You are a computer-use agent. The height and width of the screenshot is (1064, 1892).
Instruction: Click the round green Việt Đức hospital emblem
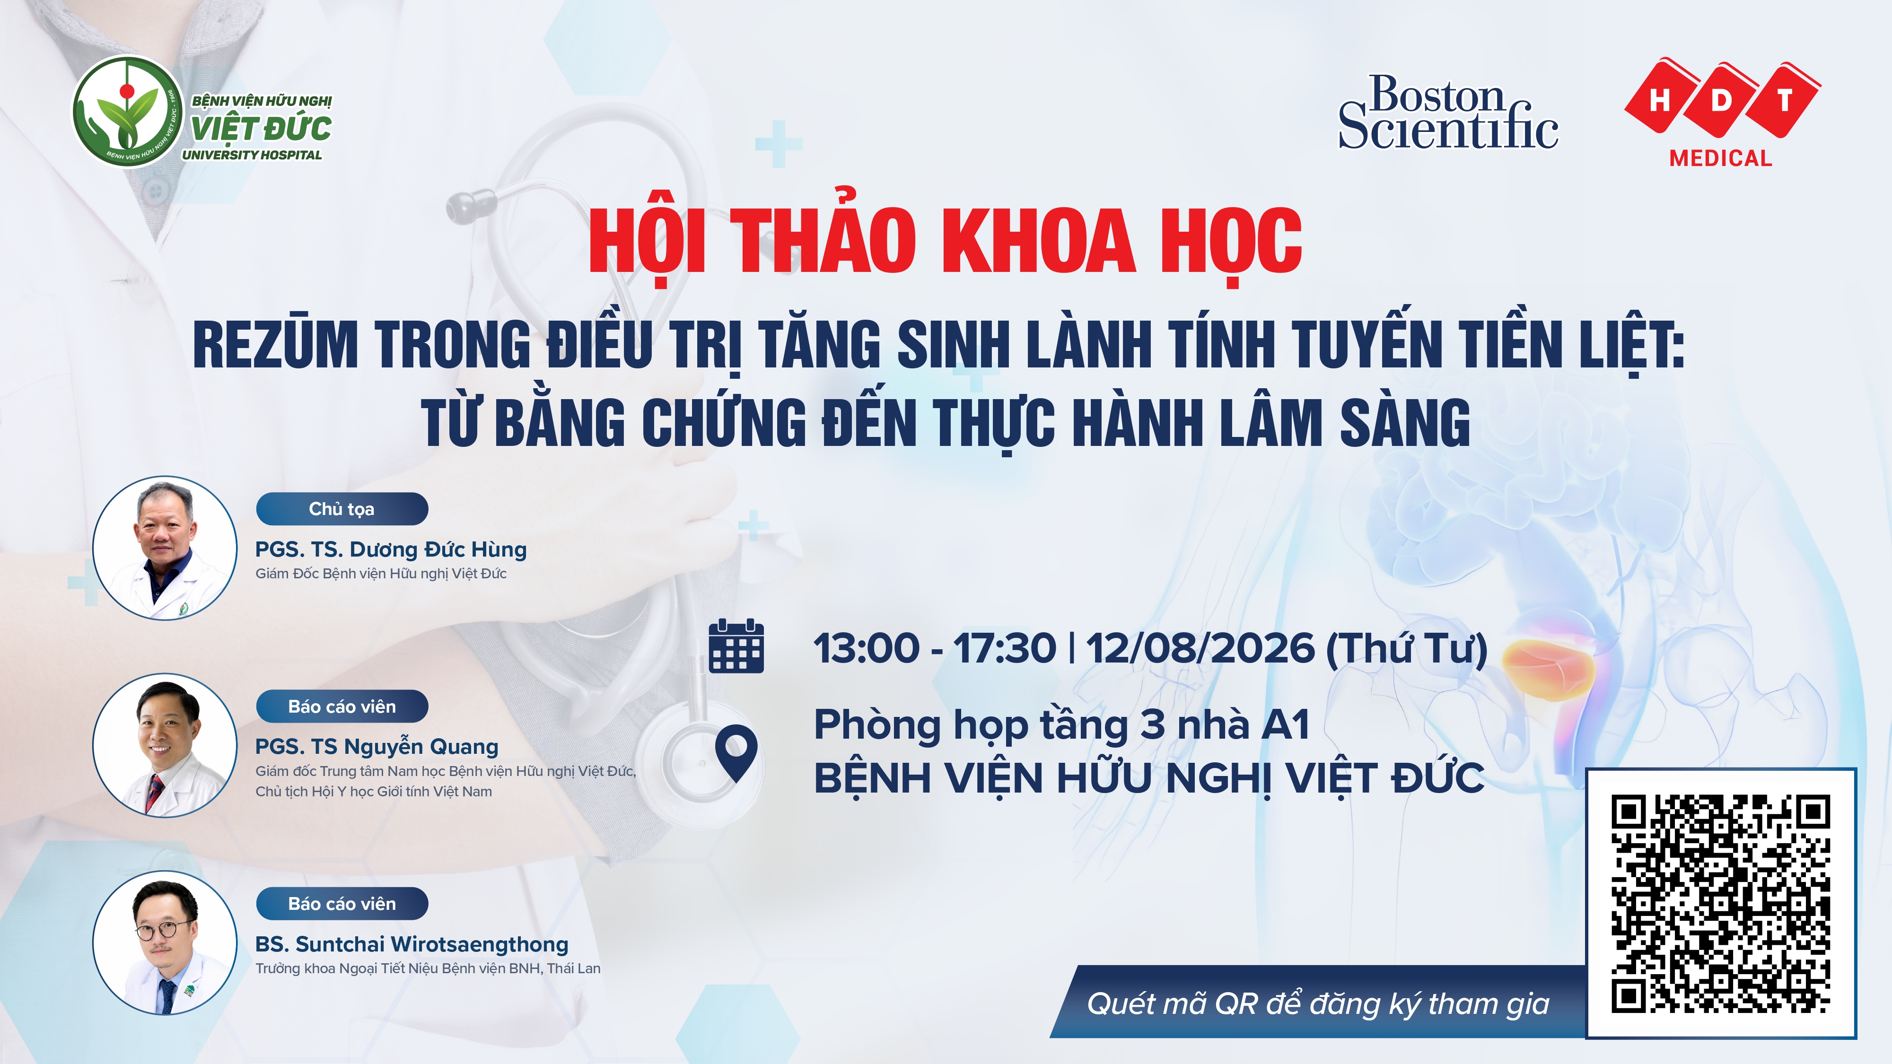point(127,112)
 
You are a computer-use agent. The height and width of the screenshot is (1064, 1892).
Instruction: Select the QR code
point(1721,903)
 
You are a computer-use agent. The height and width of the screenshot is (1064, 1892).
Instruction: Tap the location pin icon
point(736,753)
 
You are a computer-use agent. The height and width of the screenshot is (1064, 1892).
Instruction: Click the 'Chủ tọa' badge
point(342,509)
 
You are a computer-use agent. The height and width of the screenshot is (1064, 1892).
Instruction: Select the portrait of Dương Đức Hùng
point(165,548)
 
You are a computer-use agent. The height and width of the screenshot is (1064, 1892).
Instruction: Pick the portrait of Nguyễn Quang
point(165,745)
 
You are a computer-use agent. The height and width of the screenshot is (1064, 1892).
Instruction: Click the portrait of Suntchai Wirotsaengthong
point(165,943)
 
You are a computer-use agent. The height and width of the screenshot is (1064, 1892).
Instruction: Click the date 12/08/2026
point(1200,648)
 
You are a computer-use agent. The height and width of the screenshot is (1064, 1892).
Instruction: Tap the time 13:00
point(866,648)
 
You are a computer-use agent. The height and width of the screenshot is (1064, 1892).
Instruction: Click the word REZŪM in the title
point(275,344)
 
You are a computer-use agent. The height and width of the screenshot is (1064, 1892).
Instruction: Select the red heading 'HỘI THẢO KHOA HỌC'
point(945,239)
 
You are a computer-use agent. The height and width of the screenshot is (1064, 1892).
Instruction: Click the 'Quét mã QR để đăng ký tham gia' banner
point(1318,1003)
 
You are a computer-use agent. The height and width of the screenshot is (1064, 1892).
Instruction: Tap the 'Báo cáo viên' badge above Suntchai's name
point(342,904)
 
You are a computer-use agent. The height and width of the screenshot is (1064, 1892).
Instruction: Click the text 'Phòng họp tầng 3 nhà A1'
point(1062,725)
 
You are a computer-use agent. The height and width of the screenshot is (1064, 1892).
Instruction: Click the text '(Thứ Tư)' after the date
point(1407,648)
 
